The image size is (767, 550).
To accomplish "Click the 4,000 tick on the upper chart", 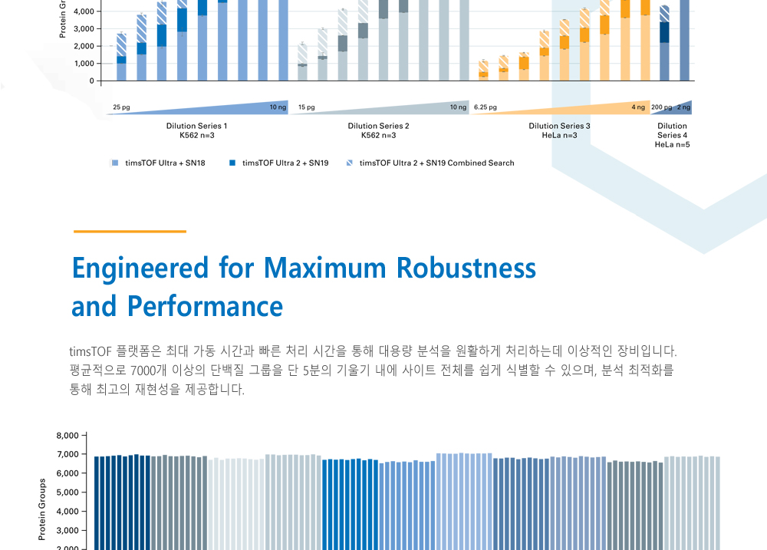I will pyautogui.click(x=84, y=12).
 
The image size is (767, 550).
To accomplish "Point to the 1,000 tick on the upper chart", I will pyautogui.click(x=84, y=64).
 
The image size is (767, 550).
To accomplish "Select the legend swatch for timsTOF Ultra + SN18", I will pyautogui.click(x=114, y=163).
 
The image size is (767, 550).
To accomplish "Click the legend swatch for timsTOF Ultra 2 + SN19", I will pyautogui.click(x=232, y=163).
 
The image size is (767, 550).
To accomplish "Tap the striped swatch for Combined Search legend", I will pyautogui.click(x=351, y=163).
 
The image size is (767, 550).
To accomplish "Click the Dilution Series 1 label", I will pyautogui.click(x=196, y=126).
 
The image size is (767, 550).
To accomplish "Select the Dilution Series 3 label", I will pyautogui.click(x=559, y=126).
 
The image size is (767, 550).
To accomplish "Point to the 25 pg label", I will pyautogui.click(x=121, y=107).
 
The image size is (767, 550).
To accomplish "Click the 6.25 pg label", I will pyautogui.click(x=486, y=107).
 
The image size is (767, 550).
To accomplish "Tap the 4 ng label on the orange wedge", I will pyautogui.click(x=638, y=107).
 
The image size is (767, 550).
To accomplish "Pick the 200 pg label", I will pyautogui.click(x=661, y=107).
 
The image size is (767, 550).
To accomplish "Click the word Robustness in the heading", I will pyautogui.click(x=466, y=268).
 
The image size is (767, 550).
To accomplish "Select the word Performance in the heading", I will pyautogui.click(x=205, y=306).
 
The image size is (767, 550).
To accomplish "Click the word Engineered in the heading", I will pyautogui.click(x=140, y=268).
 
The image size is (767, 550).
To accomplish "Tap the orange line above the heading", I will pyautogui.click(x=130, y=231).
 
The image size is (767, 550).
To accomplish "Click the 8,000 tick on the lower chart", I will pyautogui.click(x=67, y=436).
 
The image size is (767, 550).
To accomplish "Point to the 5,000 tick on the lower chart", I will pyautogui.click(x=67, y=492).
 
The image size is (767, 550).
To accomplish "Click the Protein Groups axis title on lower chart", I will pyautogui.click(x=42, y=509).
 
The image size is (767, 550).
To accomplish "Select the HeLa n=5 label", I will pyautogui.click(x=672, y=144).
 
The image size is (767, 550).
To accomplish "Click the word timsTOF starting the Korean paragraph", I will pyautogui.click(x=91, y=352).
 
